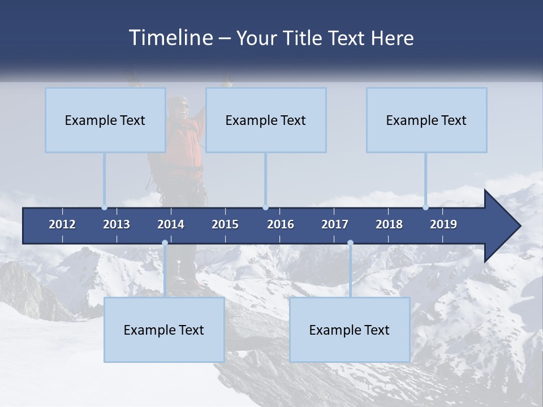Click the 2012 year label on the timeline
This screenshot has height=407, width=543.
click(62, 224)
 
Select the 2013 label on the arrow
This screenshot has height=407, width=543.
click(117, 224)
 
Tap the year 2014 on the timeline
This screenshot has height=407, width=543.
click(171, 224)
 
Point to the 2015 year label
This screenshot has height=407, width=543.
click(225, 224)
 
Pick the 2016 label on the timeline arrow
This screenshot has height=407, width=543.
click(281, 224)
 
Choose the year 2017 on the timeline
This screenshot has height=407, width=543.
click(335, 224)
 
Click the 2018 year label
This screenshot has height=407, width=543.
click(389, 224)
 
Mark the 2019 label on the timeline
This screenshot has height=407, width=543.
click(443, 224)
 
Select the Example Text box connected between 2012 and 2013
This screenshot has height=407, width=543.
click(105, 120)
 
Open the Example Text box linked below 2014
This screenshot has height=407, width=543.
click(164, 330)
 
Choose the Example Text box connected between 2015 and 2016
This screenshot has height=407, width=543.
click(266, 120)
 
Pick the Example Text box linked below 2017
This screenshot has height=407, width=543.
click(350, 330)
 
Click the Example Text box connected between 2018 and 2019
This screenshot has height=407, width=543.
click(426, 120)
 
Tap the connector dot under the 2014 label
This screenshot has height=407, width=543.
click(165, 243)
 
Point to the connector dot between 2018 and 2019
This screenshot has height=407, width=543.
click(426, 207)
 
